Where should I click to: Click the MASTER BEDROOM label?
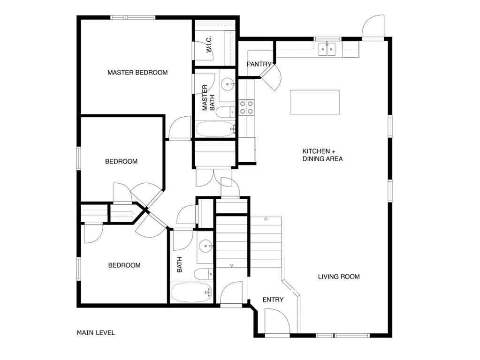(x=137, y=73)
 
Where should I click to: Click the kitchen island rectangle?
(x=314, y=102)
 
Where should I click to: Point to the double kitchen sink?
(x=327, y=48)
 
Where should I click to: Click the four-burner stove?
(x=247, y=107)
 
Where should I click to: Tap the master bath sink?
(x=229, y=84)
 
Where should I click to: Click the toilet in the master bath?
(x=227, y=112)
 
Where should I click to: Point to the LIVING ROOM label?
(x=339, y=277)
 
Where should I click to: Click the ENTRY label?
(x=273, y=300)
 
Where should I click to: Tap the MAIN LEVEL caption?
(x=96, y=333)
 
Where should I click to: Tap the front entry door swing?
(x=277, y=323)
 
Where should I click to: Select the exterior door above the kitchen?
(x=373, y=26)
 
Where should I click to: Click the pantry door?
(x=271, y=77)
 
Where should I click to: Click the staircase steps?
(x=232, y=241)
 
